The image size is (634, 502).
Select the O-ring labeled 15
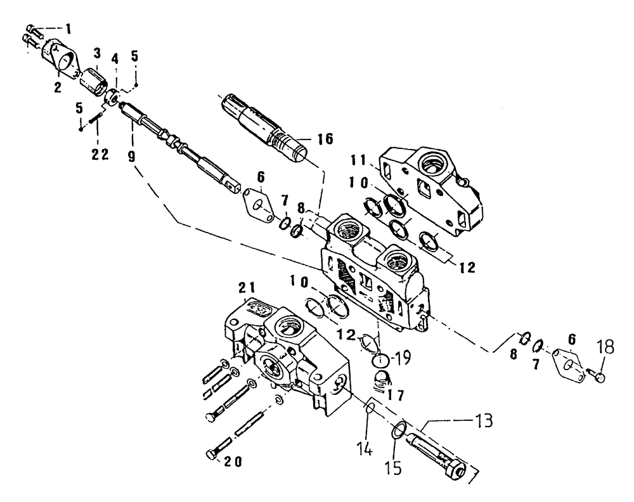click(398, 431)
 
